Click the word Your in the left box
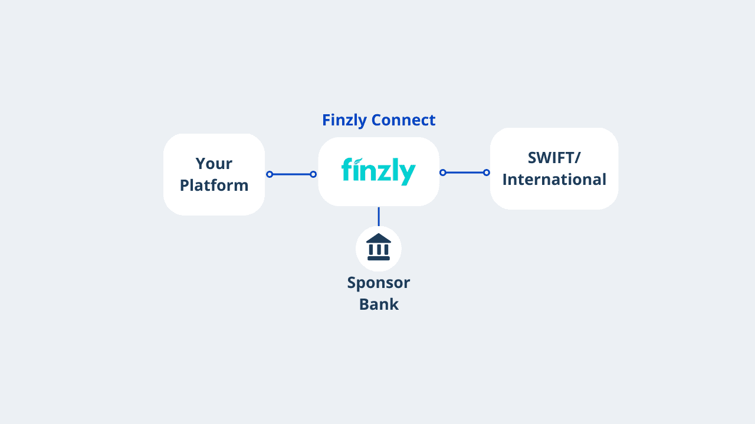click(x=214, y=163)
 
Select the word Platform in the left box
click(x=214, y=185)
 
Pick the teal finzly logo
click(x=378, y=171)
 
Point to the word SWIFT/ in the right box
click(x=554, y=158)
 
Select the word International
click(x=554, y=180)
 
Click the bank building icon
click(x=379, y=248)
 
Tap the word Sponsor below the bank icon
click(x=378, y=283)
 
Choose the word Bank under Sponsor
click(x=379, y=304)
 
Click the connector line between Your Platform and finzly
click(x=291, y=174)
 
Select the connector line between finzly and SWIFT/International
click(x=465, y=173)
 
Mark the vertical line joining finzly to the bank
click(x=379, y=216)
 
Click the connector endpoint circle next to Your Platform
click(x=270, y=174)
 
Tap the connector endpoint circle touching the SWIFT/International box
click(x=487, y=173)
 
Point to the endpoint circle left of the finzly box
click(x=313, y=174)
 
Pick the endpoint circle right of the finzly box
click(x=443, y=173)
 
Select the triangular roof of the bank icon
click(x=379, y=238)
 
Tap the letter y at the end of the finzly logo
click(x=408, y=174)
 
